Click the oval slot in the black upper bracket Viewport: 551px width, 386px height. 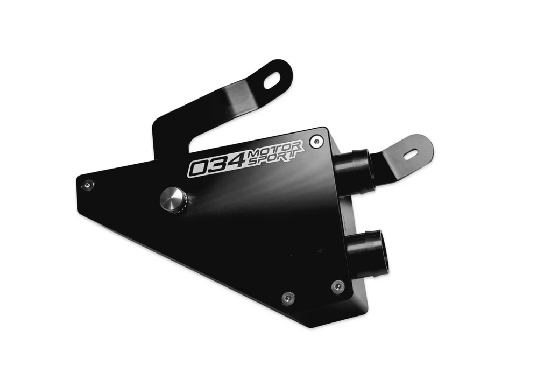point(272,81)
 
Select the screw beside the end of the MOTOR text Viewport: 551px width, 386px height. point(316,142)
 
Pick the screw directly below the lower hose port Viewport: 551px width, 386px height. point(337,286)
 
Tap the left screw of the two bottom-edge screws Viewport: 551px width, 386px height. point(288,298)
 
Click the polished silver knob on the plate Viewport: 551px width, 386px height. point(173,200)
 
